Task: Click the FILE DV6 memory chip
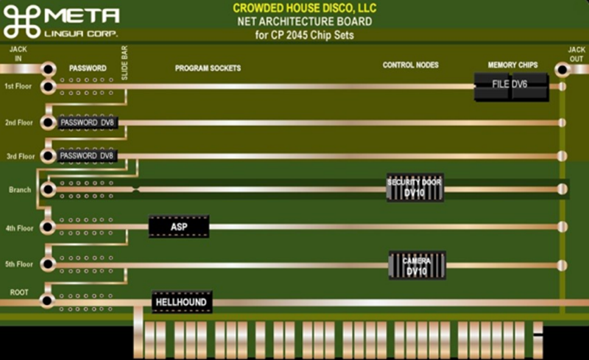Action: tap(510, 85)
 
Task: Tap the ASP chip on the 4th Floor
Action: tap(178, 227)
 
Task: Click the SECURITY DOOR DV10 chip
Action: tap(415, 188)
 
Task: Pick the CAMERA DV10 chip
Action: tap(417, 266)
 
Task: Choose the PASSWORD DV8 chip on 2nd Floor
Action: tap(88, 122)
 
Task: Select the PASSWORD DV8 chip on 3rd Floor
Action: tap(88, 156)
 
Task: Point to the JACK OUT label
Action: tap(576, 54)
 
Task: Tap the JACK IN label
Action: tap(18, 54)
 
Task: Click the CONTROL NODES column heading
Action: tap(410, 66)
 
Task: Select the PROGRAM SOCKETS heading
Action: tap(208, 68)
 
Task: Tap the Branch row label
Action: tap(19, 190)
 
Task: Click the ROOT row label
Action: tap(18, 292)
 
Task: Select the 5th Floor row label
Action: tap(19, 264)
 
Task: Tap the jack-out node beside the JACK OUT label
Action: tap(562, 70)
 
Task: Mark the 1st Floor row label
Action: tap(19, 87)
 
